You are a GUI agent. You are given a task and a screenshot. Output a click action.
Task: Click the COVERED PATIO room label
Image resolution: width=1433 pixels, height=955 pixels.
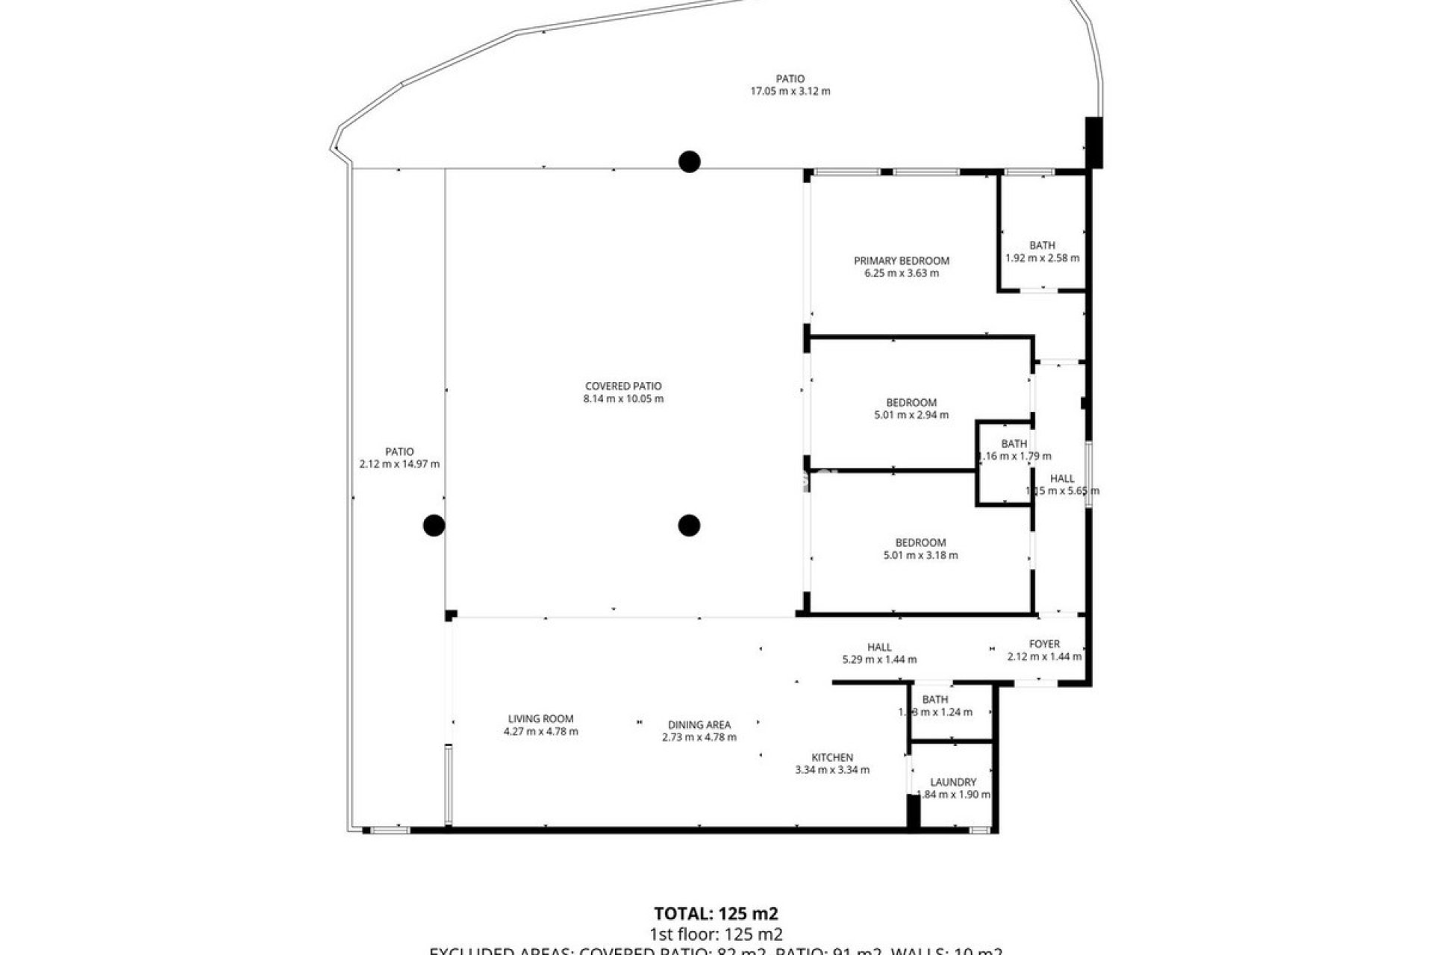[623, 386]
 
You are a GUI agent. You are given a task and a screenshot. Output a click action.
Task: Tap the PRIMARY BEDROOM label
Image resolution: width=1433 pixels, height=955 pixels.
[902, 260]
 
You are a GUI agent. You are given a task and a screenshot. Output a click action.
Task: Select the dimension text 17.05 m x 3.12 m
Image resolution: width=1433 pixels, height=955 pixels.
[790, 92]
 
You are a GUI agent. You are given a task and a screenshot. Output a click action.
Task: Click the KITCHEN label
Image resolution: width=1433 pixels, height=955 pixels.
[832, 757]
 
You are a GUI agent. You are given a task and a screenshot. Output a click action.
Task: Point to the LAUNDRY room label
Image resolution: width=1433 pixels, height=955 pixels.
[953, 782]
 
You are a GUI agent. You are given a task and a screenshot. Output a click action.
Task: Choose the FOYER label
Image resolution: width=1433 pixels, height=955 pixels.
[1044, 644]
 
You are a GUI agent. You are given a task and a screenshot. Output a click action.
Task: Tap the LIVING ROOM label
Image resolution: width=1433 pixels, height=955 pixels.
[540, 719]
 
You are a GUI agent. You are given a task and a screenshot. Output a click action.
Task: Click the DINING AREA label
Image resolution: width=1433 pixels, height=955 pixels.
[699, 724]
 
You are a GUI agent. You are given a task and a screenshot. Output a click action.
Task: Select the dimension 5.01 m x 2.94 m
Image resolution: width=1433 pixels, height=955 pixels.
[911, 415]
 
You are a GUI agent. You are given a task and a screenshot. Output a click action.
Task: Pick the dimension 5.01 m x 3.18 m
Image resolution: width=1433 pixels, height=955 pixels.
[920, 555]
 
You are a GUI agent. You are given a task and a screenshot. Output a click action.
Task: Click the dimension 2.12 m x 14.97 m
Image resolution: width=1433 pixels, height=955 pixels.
[399, 464]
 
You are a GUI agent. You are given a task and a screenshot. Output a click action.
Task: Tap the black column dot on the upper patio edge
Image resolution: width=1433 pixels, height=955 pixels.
[689, 161]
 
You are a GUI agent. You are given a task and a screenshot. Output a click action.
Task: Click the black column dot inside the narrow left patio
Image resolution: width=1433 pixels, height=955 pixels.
[434, 525]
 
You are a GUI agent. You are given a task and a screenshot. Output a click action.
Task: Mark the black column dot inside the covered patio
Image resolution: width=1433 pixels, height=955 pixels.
[689, 525]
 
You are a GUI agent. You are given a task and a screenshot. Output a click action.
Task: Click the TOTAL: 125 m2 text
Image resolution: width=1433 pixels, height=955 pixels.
[716, 914]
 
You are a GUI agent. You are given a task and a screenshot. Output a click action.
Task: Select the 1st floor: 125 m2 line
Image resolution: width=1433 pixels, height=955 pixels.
[716, 934]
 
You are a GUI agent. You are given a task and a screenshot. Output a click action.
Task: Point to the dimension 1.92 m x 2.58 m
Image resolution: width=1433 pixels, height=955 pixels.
[1042, 258]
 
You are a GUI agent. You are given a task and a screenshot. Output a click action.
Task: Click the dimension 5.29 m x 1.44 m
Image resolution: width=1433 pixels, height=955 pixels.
[879, 660]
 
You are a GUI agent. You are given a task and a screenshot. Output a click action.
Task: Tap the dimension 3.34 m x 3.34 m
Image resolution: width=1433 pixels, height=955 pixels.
[832, 770]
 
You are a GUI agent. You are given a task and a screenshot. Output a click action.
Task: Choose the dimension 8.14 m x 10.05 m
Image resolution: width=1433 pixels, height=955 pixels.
[623, 399]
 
